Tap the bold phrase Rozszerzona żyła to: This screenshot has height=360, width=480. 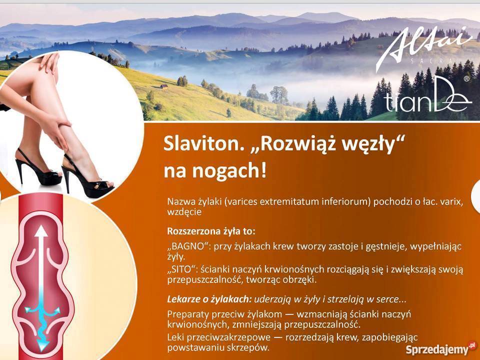211,231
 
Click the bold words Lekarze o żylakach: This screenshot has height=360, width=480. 209,300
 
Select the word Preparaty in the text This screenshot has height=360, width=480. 188,314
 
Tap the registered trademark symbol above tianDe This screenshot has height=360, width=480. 466,79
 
